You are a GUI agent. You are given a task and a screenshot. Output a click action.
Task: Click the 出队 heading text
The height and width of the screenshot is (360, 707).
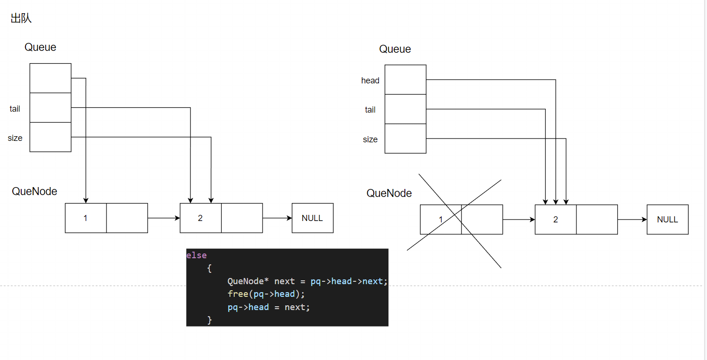point(21,18)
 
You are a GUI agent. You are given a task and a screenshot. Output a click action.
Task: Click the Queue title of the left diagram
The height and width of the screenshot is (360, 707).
point(41,47)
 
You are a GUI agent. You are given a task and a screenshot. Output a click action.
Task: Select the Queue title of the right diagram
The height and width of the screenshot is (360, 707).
point(395,49)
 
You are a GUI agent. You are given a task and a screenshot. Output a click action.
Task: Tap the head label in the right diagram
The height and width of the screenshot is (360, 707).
point(370,81)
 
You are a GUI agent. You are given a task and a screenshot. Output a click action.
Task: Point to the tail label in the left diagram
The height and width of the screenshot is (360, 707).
point(15,109)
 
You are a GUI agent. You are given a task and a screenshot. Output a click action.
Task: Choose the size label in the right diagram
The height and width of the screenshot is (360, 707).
point(370,139)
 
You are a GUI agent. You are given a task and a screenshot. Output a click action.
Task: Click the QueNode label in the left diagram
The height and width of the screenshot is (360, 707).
point(34,191)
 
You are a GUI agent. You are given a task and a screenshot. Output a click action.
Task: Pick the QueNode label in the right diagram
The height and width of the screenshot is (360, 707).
point(389,193)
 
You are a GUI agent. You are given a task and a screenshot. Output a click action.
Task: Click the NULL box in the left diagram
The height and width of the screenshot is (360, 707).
point(312,218)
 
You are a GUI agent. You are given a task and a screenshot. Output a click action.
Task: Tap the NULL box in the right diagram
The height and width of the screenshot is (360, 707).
point(667,220)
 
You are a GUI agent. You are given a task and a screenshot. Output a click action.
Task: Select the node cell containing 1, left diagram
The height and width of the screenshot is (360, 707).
point(86,218)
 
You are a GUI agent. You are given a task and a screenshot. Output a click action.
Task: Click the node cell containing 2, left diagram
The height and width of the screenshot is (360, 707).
point(200,218)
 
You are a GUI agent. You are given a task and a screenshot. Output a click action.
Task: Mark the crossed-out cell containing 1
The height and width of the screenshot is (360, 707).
point(441,220)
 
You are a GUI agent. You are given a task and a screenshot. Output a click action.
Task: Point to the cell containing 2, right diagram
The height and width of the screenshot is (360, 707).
point(555,220)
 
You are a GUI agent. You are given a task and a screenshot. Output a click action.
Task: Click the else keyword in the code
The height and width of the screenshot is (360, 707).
point(197,255)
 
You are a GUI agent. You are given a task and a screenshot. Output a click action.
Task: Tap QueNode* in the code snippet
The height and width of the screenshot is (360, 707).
point(248,281)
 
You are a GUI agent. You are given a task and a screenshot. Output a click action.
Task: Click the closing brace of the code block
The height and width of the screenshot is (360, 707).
point(209,320)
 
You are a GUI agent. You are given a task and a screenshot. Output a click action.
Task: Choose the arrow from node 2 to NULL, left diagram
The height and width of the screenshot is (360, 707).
point(277,218)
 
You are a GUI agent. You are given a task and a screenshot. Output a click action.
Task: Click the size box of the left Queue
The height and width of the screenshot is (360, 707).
point(50,137)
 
